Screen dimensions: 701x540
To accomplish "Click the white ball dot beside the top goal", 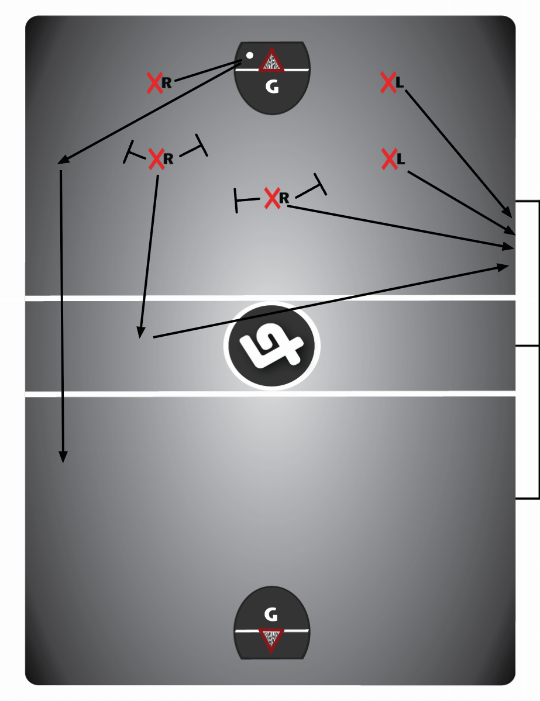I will tap(249, 56).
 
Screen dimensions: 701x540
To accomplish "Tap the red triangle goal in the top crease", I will tap(271, 61).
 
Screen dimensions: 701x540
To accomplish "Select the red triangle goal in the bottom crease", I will tap(271, 640).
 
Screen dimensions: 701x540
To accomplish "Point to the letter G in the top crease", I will tap(271, 87).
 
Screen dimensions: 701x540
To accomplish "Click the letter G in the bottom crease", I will tap(270, 614).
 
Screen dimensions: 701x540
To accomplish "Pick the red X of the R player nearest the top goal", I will tap(154, 83).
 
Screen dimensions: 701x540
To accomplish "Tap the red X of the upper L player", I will tap(388, 82).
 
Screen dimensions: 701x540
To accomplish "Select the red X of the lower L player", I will tap(389, 158).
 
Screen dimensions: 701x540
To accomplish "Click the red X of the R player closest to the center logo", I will tap(271, 198).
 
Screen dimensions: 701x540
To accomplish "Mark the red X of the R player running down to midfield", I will tap(156, 158).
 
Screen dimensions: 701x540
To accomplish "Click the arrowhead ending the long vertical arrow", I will tap(63, 458).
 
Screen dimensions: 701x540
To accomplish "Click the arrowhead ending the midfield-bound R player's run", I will tap(140, 333).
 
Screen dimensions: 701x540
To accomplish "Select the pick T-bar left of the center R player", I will tap(236, 201).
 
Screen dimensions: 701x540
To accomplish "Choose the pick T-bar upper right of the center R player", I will tap(320, 184).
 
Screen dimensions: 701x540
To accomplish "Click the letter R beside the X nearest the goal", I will tap(167, 83).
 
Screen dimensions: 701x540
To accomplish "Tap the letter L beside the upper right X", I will tap(400, 82).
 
